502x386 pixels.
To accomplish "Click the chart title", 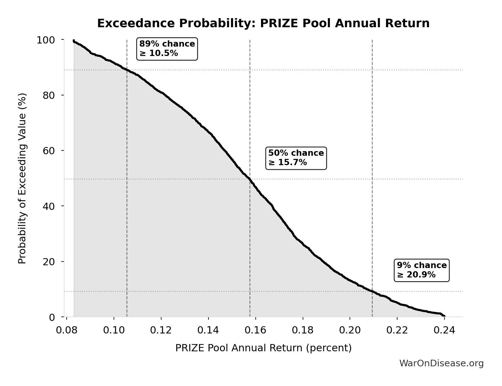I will (263, 23).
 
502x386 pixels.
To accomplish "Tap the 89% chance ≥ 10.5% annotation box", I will (167, 48).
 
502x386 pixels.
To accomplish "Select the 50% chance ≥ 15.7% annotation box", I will (296, 158).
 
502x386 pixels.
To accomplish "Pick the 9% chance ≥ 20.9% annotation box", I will (422, 270).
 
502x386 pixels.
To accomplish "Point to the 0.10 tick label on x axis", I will (114, 330).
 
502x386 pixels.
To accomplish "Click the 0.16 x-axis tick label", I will (256, 330).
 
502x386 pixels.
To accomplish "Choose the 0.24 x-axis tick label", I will (444, 330).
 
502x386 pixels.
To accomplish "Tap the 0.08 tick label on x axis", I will (67, 330).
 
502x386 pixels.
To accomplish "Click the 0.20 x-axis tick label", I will (350, 330).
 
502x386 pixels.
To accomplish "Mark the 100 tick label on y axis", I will (46, 40).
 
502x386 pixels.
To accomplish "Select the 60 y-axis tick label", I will (49, 151).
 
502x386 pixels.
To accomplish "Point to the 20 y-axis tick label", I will (49, 262).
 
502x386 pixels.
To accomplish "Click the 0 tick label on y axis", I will (52, 317).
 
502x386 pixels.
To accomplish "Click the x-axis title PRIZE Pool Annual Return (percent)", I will (263, 348).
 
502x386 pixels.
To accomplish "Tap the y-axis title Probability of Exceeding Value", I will (22, 178).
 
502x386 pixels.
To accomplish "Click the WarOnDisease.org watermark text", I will (441, 363).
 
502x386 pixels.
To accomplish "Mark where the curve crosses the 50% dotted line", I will (249, 179).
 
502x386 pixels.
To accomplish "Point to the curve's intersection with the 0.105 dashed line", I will (127, 70).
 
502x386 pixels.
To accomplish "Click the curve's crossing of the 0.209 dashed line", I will (372, 291).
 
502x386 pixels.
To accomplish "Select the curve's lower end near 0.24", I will (444, 316).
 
